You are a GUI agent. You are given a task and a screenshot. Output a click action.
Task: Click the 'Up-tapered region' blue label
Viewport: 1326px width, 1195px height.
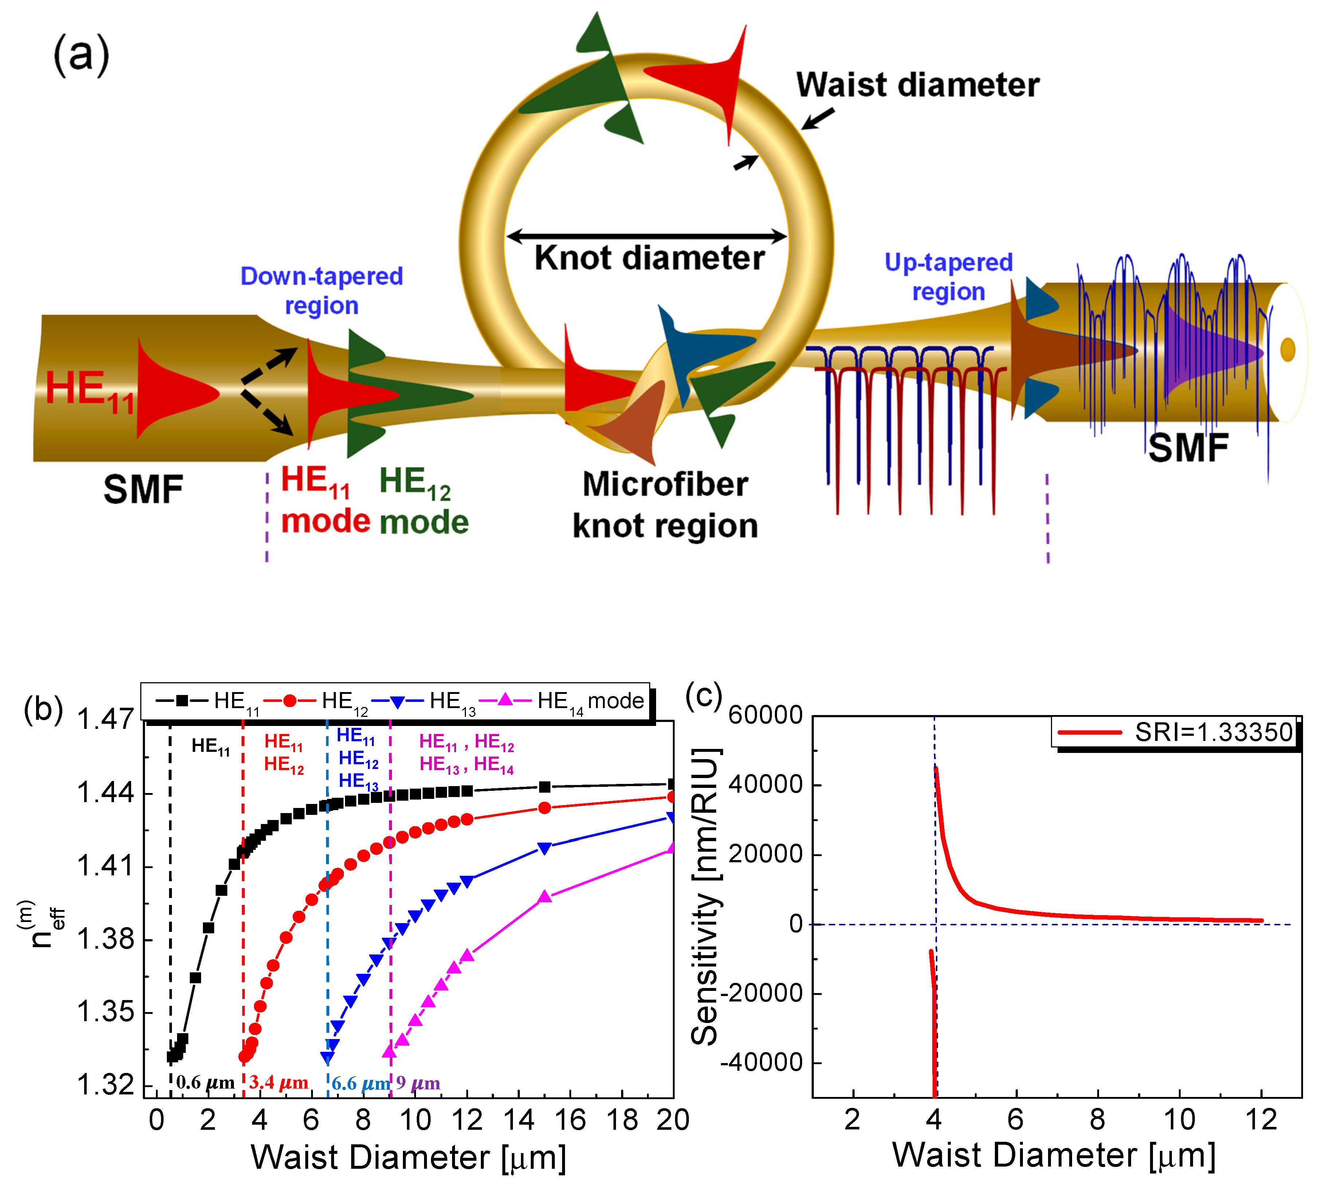949,276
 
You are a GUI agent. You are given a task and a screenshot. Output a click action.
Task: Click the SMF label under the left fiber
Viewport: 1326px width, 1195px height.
143,490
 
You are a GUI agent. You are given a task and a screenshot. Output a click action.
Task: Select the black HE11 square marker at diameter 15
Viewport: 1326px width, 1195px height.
544,786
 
